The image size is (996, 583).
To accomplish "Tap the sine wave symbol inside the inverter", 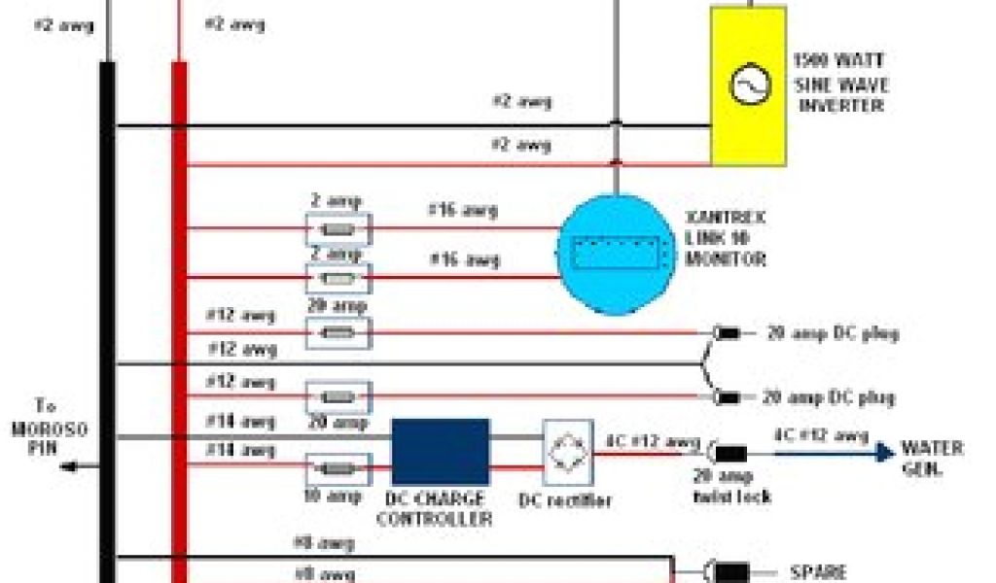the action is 750,86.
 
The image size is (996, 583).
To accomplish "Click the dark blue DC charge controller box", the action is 440,452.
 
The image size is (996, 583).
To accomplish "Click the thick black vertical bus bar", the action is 107,321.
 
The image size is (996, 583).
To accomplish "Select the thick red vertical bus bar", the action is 179,321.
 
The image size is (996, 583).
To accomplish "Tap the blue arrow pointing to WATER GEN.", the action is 880,452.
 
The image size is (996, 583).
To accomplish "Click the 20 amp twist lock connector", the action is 729,453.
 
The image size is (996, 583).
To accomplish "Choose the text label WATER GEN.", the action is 932,457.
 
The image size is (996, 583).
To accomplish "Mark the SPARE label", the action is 819,573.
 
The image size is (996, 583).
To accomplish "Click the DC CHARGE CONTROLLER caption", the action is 433,508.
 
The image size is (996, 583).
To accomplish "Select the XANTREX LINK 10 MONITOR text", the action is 726,240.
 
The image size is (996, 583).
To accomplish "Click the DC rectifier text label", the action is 565,500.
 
